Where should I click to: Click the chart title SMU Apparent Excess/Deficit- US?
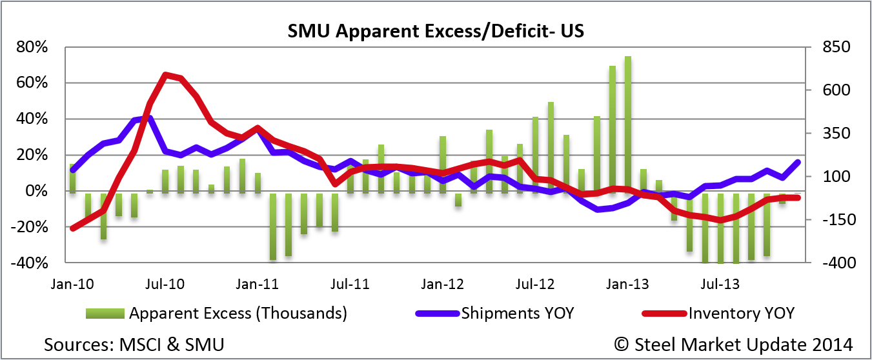436,31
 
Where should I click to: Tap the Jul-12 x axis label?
536,284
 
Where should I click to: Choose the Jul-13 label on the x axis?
720,284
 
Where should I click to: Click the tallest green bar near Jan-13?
627,123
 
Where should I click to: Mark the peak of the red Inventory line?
166,75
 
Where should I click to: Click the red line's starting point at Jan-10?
72,228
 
